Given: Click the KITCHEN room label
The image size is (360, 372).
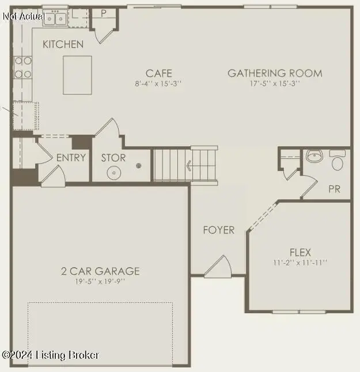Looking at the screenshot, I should (63, 44).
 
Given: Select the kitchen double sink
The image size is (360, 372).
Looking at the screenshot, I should (53, 18).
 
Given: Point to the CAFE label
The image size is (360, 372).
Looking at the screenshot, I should (158, 73).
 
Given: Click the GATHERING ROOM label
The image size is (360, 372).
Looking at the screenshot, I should (275, 73).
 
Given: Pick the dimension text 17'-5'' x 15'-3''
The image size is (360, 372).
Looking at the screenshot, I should (275, 83).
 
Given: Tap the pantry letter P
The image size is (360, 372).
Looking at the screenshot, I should (104, 13).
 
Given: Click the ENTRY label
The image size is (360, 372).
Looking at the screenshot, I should (71, 157).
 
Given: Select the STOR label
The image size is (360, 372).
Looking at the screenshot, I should (113, 157).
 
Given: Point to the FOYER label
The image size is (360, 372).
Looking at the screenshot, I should (219, 230).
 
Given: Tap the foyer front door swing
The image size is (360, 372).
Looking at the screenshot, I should (219, 266).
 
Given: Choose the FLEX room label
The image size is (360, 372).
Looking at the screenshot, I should (300, 252).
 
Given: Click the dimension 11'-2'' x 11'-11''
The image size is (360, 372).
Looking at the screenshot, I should (300, 263).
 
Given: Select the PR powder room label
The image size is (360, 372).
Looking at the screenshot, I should (335, 189).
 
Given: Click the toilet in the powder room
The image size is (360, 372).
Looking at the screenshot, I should (337, 161).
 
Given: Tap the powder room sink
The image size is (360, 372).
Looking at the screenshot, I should (313, 156).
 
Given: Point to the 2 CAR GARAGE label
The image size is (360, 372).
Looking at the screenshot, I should (101, 271).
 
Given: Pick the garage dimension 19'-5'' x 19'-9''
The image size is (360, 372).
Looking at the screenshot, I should (101, 281).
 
